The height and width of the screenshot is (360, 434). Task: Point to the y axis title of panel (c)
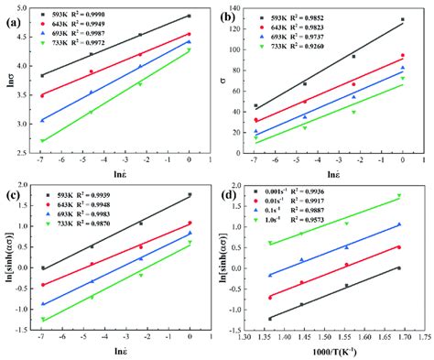[7, 259]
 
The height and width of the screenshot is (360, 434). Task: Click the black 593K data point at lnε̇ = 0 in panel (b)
[402, 19]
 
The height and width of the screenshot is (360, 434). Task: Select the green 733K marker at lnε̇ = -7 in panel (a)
[42, 141]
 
